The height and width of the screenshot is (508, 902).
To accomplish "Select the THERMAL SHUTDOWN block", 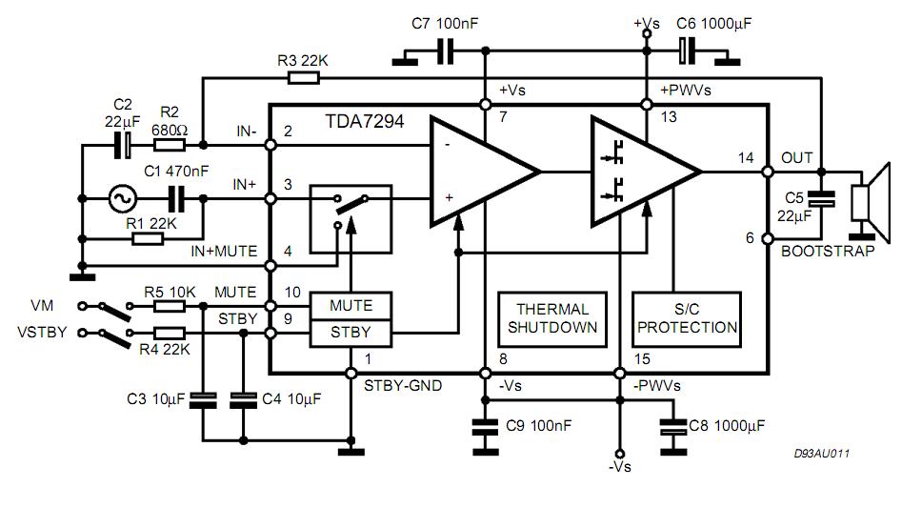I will [552, 318].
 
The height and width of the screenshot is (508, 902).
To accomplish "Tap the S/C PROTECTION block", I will [687, 318].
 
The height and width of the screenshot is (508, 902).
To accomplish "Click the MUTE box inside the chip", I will [351, 306].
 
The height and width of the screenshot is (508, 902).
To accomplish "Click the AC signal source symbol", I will [122, 198].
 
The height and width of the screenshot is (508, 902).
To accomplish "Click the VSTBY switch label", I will [41, 334].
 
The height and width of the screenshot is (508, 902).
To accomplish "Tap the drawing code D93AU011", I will [822, 455].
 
